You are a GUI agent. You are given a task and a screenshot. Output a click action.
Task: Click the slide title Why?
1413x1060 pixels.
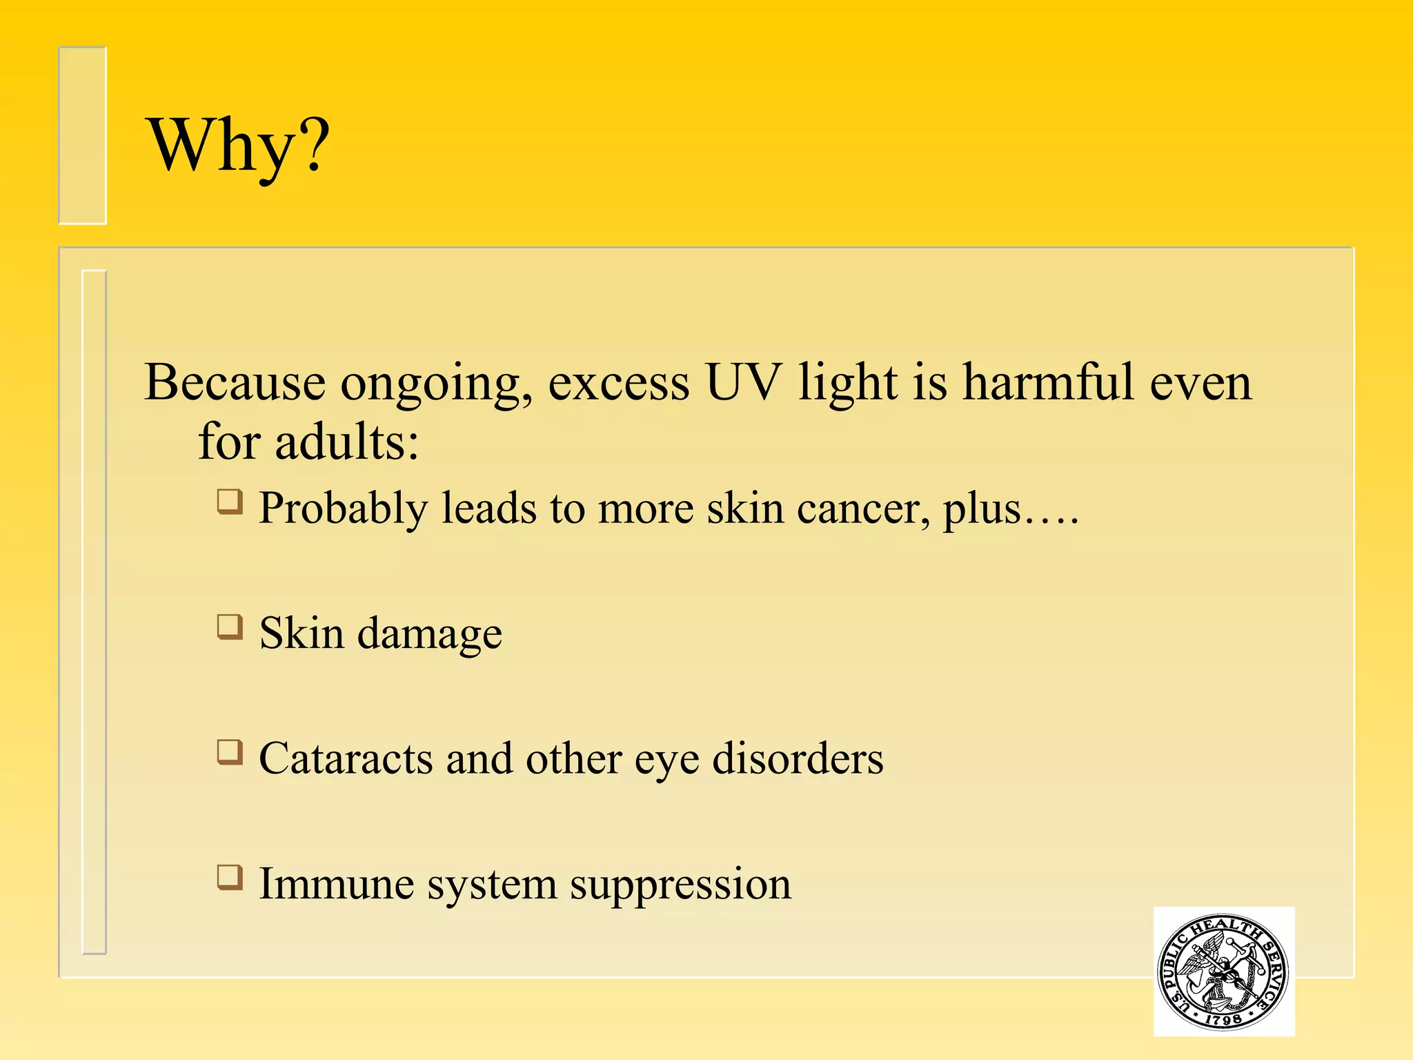point(238,146)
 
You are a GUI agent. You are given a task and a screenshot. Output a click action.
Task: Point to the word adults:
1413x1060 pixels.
point(347,442)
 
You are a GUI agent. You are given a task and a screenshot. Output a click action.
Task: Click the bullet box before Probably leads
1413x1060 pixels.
point(230,502)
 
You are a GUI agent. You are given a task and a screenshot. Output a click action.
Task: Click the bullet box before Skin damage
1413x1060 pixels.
point(230,627)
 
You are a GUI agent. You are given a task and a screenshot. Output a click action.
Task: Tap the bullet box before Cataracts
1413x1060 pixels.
point(230,752)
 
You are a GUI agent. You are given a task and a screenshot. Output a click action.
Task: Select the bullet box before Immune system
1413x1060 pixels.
point(230,878)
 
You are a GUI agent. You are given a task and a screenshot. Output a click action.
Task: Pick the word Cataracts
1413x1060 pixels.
point(346,758)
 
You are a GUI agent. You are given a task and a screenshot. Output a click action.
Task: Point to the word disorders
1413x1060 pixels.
point(797,758)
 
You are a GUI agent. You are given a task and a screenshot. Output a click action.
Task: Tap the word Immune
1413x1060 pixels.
point(336,884)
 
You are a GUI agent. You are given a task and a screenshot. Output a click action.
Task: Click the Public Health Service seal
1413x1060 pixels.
point(1223,971)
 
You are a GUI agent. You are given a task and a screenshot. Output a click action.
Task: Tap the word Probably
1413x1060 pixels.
point(343,511)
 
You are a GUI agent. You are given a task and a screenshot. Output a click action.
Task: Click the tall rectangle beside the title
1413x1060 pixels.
point(82,135)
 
